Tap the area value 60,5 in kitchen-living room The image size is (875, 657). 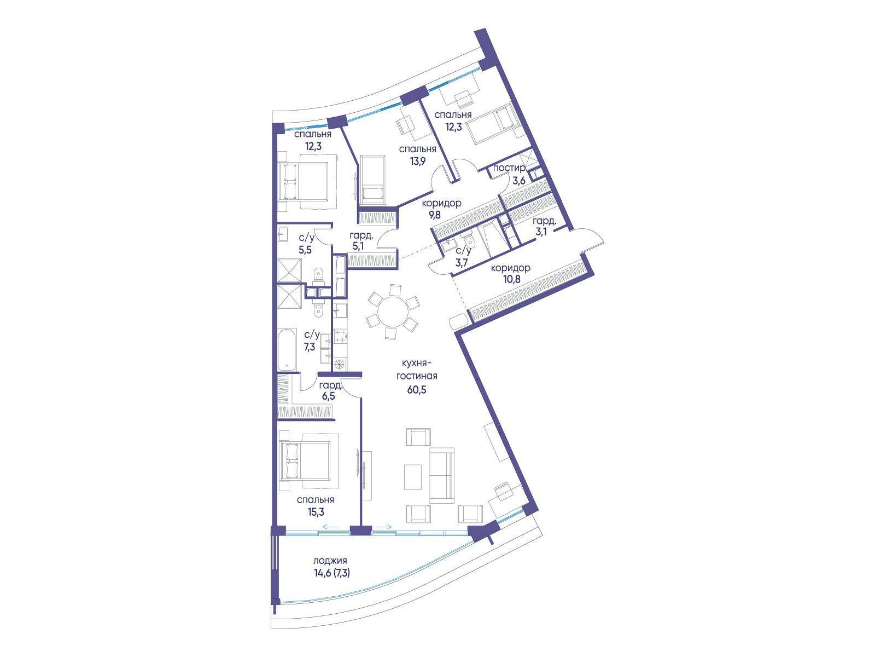click(417, 390)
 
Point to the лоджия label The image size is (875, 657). click(330, 561)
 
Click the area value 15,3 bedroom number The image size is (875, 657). click(316, 512)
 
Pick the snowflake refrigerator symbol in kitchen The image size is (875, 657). click(340, 364)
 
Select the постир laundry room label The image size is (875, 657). click(509, 168)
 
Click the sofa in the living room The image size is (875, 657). click(442, 475)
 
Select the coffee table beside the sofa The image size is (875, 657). click(412, 477)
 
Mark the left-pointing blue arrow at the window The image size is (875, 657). click(330, 527)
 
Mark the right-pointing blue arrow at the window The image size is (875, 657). click(384, 527)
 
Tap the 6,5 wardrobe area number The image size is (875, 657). click(329, 396)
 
